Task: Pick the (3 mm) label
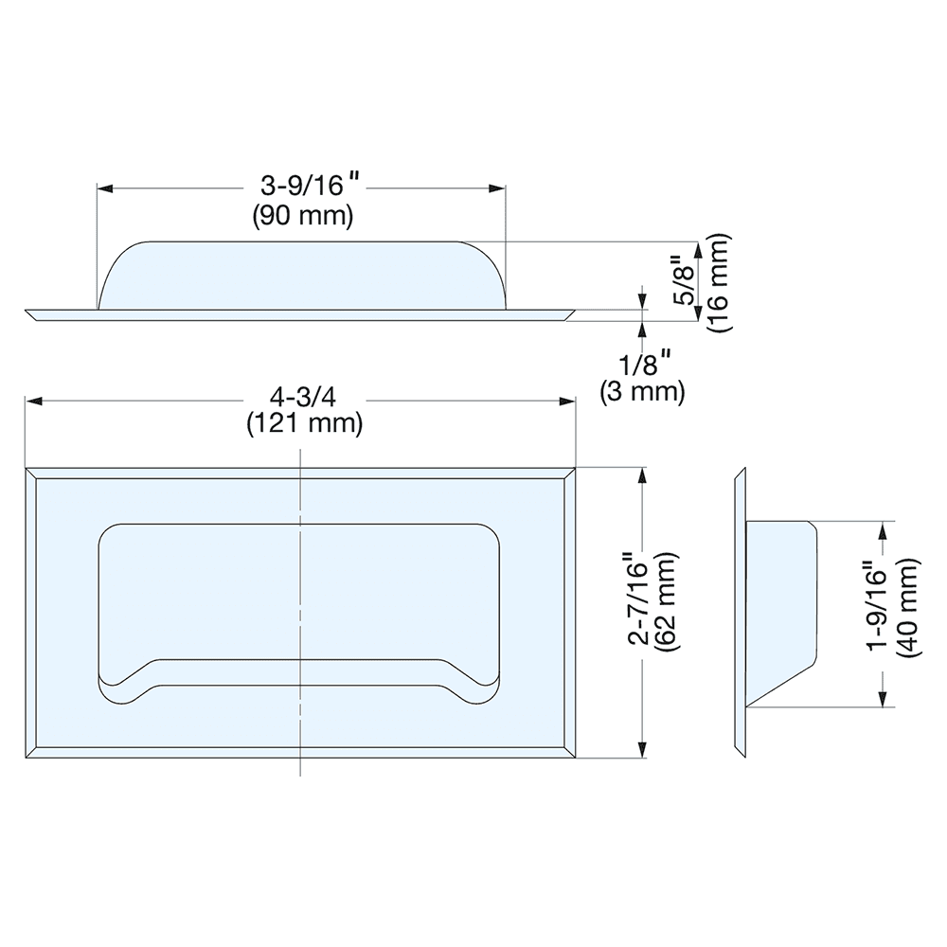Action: pos(641,390)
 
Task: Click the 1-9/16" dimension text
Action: pos(879,607)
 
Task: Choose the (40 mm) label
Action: pos(907,607)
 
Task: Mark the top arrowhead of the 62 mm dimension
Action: pos(644,476)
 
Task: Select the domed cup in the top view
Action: pos(303,275)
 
